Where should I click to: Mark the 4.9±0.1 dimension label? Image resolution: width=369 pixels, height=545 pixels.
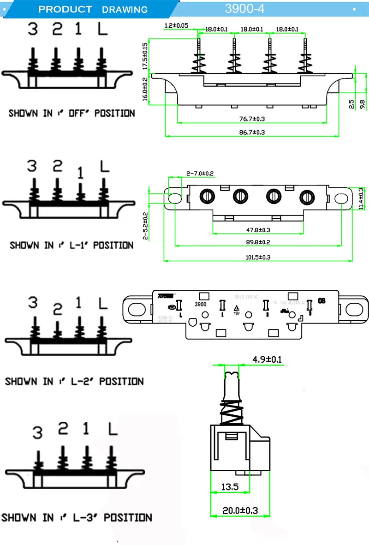[268, 358]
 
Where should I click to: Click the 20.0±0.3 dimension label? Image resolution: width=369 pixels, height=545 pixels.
[240, 510]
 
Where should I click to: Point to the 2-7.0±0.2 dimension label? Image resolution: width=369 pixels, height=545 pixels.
[200, 173]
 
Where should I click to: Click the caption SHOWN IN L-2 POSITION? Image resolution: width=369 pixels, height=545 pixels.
[74, 382]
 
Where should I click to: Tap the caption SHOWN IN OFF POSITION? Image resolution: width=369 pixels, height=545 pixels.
[71, 113]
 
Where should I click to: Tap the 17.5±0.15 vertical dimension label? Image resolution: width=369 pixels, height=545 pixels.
[145, 56]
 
